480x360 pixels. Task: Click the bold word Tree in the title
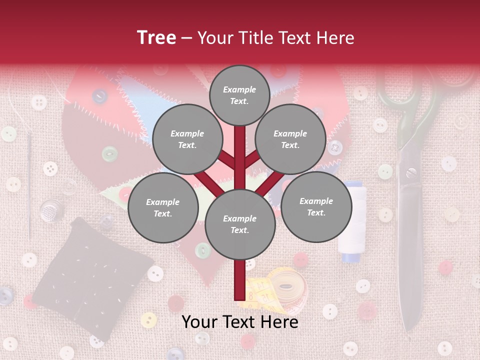click(156, 37)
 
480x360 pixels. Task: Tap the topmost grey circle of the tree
click(239, 95)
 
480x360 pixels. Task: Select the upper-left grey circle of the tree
click(187, 139)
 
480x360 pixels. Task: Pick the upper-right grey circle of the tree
click(290, 139)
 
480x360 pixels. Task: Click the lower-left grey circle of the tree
click(162, 208)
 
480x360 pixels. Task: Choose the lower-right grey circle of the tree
click(316, 207)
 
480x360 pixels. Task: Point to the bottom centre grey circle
click(239, 224)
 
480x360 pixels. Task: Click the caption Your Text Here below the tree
click(239, 322)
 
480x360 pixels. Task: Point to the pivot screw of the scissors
click(411, 173)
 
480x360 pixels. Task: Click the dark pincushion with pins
click(92, 280)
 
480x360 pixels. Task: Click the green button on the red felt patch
click(109, 153)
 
